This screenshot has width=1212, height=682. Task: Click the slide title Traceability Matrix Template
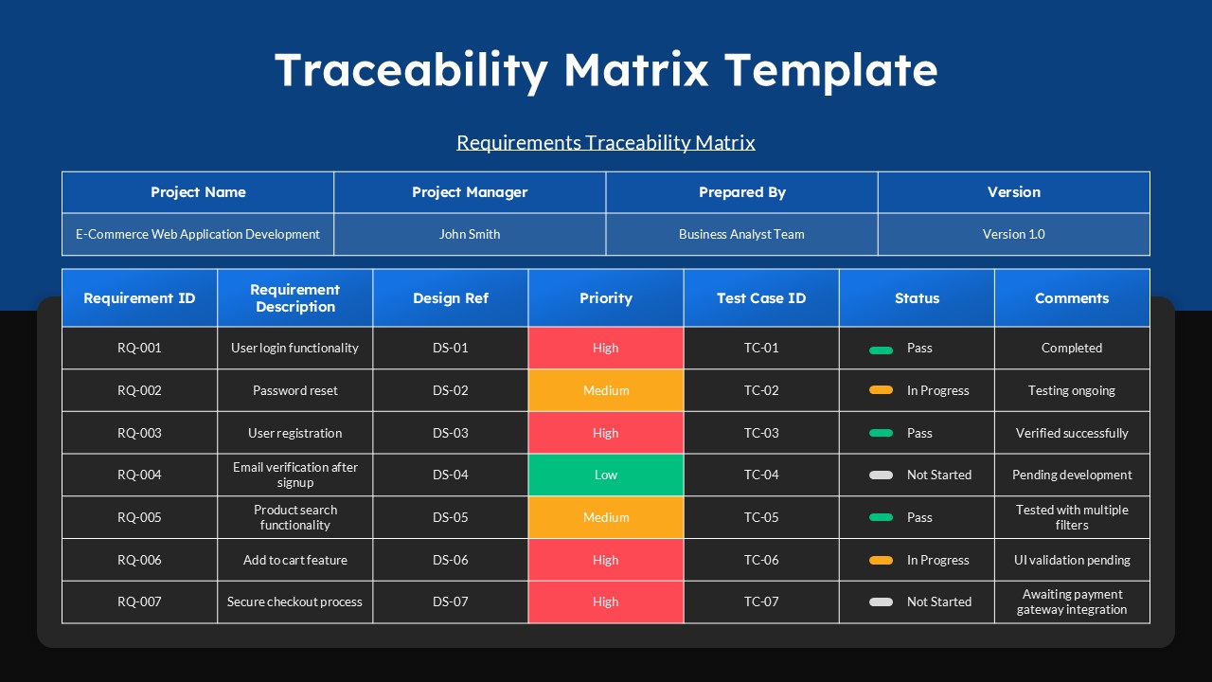(606, 70)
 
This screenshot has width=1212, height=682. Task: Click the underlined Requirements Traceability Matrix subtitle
(606, 143)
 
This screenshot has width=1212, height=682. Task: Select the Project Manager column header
(470, 192)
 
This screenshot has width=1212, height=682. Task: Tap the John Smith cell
(470, 234)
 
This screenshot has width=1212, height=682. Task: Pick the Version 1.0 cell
(1013, 234)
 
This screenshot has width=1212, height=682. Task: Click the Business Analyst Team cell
(741, 234)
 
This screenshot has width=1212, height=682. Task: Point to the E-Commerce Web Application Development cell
(198, 234)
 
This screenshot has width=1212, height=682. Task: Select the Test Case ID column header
(761, 298)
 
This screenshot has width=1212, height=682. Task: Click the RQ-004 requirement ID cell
(139, 475)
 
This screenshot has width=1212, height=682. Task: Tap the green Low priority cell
(606, 475)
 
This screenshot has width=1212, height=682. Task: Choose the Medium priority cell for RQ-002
(606, 390)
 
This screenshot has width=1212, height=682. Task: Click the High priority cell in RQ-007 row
(606, 601)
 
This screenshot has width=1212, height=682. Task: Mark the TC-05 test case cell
(761, 517)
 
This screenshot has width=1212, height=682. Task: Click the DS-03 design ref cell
(451, 433)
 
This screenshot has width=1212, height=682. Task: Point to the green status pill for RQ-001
(881, 350)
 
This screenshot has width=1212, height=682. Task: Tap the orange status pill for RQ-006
(881, 560)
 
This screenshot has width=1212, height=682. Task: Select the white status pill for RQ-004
(881, 475)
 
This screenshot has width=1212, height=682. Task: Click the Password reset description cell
(295, 390)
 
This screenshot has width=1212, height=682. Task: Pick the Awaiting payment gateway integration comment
(1072, 601)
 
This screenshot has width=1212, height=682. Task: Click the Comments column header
(1072, 298)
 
